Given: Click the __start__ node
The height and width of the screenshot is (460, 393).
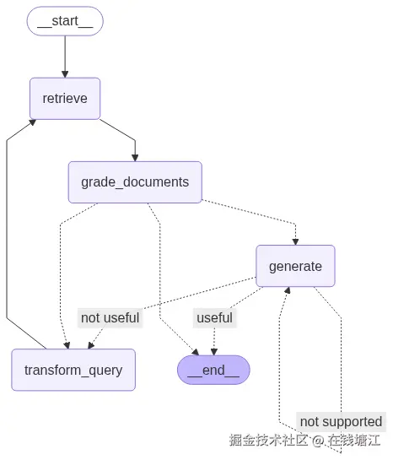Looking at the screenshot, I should tap(65, 21).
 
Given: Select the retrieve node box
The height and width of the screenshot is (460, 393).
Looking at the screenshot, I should tap(65, 98).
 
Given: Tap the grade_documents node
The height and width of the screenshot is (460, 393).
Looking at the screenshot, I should tap(135, 181).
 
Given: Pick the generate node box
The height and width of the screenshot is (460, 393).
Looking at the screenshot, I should tap(295, 266).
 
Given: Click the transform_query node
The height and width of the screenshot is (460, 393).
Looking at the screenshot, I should tap(73, 370).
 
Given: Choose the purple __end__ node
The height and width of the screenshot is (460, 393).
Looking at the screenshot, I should tap(213, 370).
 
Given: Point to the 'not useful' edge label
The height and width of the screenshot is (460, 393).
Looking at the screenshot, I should tap(110, 318).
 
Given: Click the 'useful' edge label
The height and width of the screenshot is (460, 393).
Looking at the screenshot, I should tap(214, 318).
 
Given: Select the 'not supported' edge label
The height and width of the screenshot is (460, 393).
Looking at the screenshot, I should tap(341, 421).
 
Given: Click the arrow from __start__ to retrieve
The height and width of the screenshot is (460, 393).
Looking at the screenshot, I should tap(65, 56).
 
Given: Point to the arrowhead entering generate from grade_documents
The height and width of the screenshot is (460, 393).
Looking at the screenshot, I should tap(295, 240).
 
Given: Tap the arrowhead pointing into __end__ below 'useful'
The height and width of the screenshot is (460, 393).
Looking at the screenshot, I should tap(214, 350).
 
